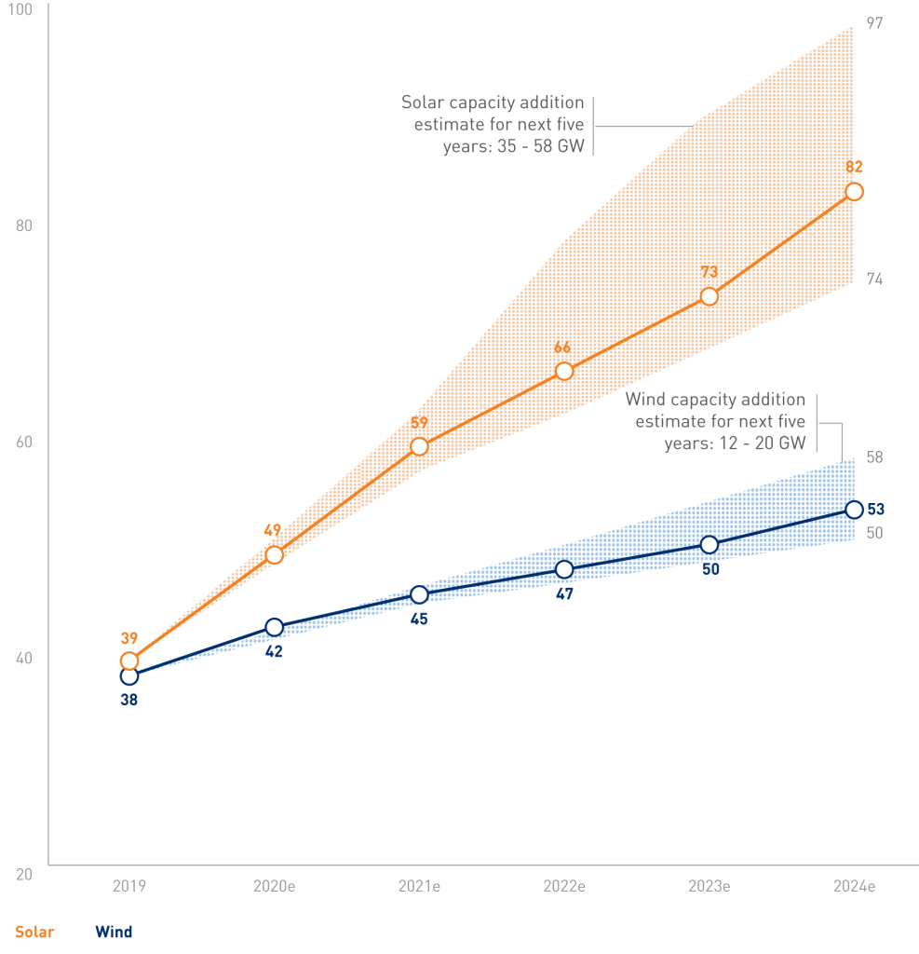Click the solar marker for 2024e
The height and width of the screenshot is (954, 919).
coord(854,192)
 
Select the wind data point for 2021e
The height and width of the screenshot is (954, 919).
coord(419,594)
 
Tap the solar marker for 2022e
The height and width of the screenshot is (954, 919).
coord(564,371)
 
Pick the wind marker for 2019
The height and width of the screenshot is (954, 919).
coord(129,675)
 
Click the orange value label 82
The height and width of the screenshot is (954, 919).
coord(855,168)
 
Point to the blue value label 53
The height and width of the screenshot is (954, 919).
coord(876,510)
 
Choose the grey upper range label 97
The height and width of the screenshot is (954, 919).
coord(874,22)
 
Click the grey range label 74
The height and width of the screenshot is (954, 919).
coord(874,279)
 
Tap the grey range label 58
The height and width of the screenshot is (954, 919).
coord(874,457)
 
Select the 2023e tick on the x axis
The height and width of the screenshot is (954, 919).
coord(710,887)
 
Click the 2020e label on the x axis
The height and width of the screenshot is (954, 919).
coord(275,887)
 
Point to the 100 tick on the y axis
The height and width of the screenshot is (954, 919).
coord(20,10)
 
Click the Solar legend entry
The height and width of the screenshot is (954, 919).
coord(34,932)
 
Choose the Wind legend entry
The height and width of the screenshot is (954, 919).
coord(114,932)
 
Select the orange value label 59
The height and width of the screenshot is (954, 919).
coord(419,423)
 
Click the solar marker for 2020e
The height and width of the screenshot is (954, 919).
coord(274,555)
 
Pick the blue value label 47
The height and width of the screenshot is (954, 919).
coord(564,593)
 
